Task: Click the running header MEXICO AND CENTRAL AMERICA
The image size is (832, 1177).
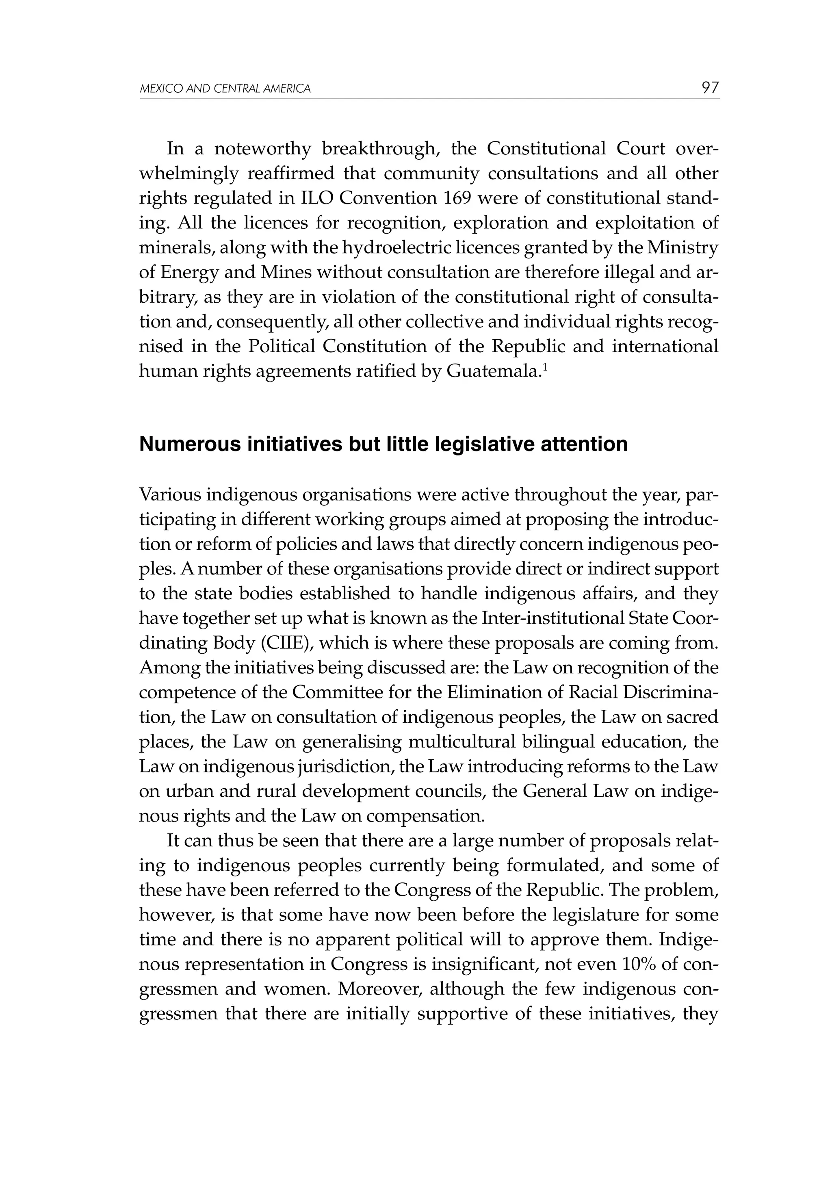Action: click(225, 89)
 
